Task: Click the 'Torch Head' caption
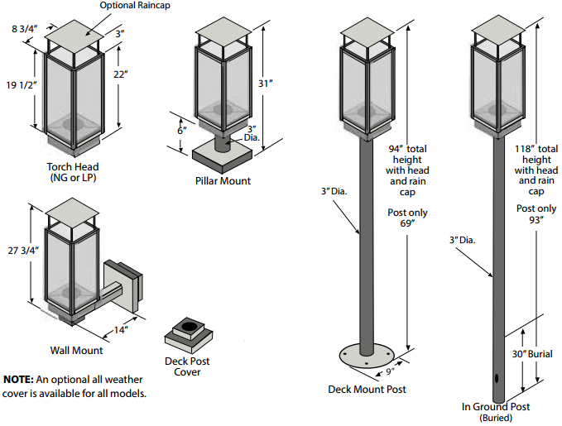(x=73, y=166)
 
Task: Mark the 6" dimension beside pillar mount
(x=180, y=130)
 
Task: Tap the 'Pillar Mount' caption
(x=223, y=180)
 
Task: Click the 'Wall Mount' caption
(x=75, y=351)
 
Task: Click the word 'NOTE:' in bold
(x=18, y=379)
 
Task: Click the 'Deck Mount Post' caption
(x=367, y=389)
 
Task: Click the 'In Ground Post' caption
(x=497, y=406)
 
